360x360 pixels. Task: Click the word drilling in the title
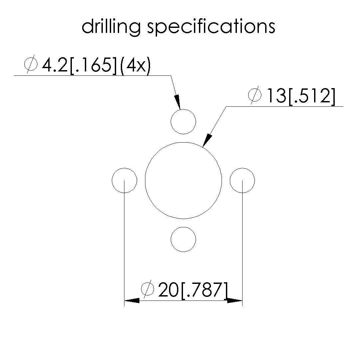click(x=111, y=27)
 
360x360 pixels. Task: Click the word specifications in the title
click(x=211, y=27)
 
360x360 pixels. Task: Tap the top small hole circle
click(x=183, y=109)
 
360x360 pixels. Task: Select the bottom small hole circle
click(x=183, y=227)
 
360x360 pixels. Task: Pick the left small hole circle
click(x=112, y=180)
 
